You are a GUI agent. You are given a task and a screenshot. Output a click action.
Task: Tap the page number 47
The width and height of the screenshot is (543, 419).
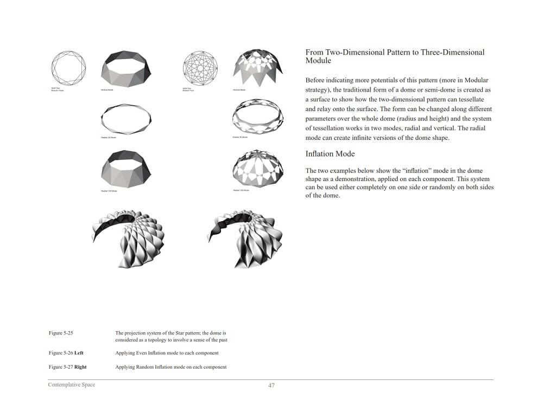click(271, 385)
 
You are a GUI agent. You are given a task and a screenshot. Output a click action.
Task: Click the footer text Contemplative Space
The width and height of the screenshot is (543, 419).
click(71, 385)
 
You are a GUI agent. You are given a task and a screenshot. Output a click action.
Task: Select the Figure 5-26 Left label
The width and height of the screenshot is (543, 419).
click(66, 353)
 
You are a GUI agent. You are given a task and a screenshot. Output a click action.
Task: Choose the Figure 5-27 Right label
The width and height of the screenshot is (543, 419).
click(67, 367)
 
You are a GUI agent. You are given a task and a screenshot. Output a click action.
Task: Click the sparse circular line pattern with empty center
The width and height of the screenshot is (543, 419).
click(68, 68)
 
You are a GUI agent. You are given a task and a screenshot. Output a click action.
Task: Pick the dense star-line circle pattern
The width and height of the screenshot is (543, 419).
click(200, 68)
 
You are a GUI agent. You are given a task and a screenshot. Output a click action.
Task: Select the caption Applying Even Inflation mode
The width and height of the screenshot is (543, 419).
click(167, 353)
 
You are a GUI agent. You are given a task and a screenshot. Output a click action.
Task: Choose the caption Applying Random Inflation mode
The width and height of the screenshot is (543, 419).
click(171, 367)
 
